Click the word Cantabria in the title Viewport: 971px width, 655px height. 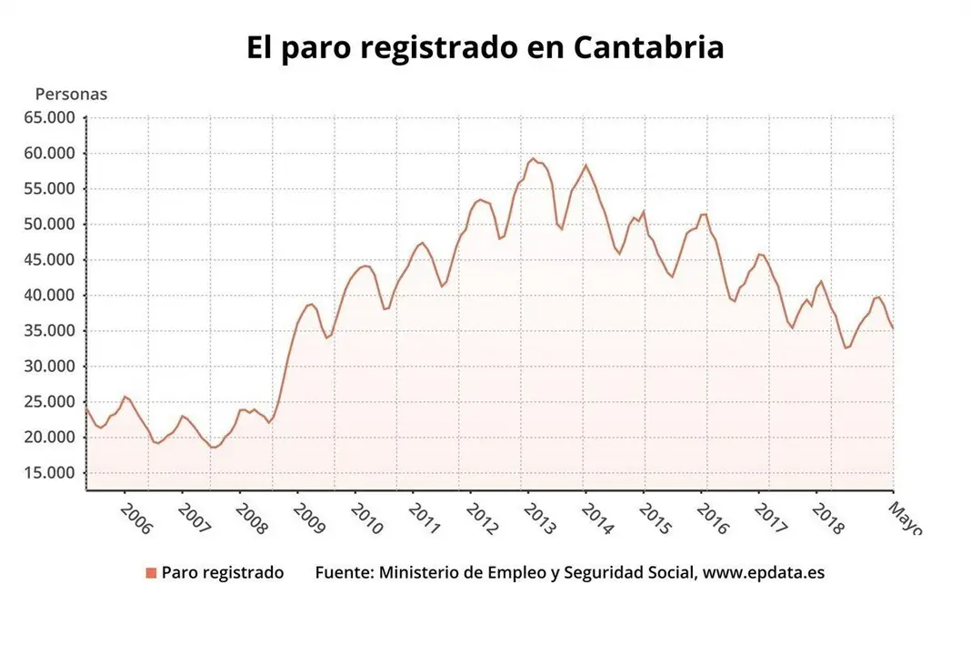tap(648, 47)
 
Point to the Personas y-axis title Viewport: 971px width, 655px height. tap(71, 94)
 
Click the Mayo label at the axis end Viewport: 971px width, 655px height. tap(906, 516)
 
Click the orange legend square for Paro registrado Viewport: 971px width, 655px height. tap(151, 573)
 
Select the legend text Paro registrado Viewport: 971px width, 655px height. tap(223, 573)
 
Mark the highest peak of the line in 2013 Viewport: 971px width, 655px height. tap(533, 158)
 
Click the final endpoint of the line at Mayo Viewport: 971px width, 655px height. tap(893, 329)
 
